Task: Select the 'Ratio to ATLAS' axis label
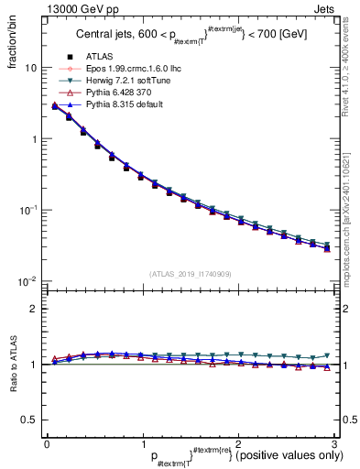tap(12, 365)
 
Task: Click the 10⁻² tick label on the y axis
tap(28, 279)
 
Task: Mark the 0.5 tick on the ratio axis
tap(29, 420)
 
